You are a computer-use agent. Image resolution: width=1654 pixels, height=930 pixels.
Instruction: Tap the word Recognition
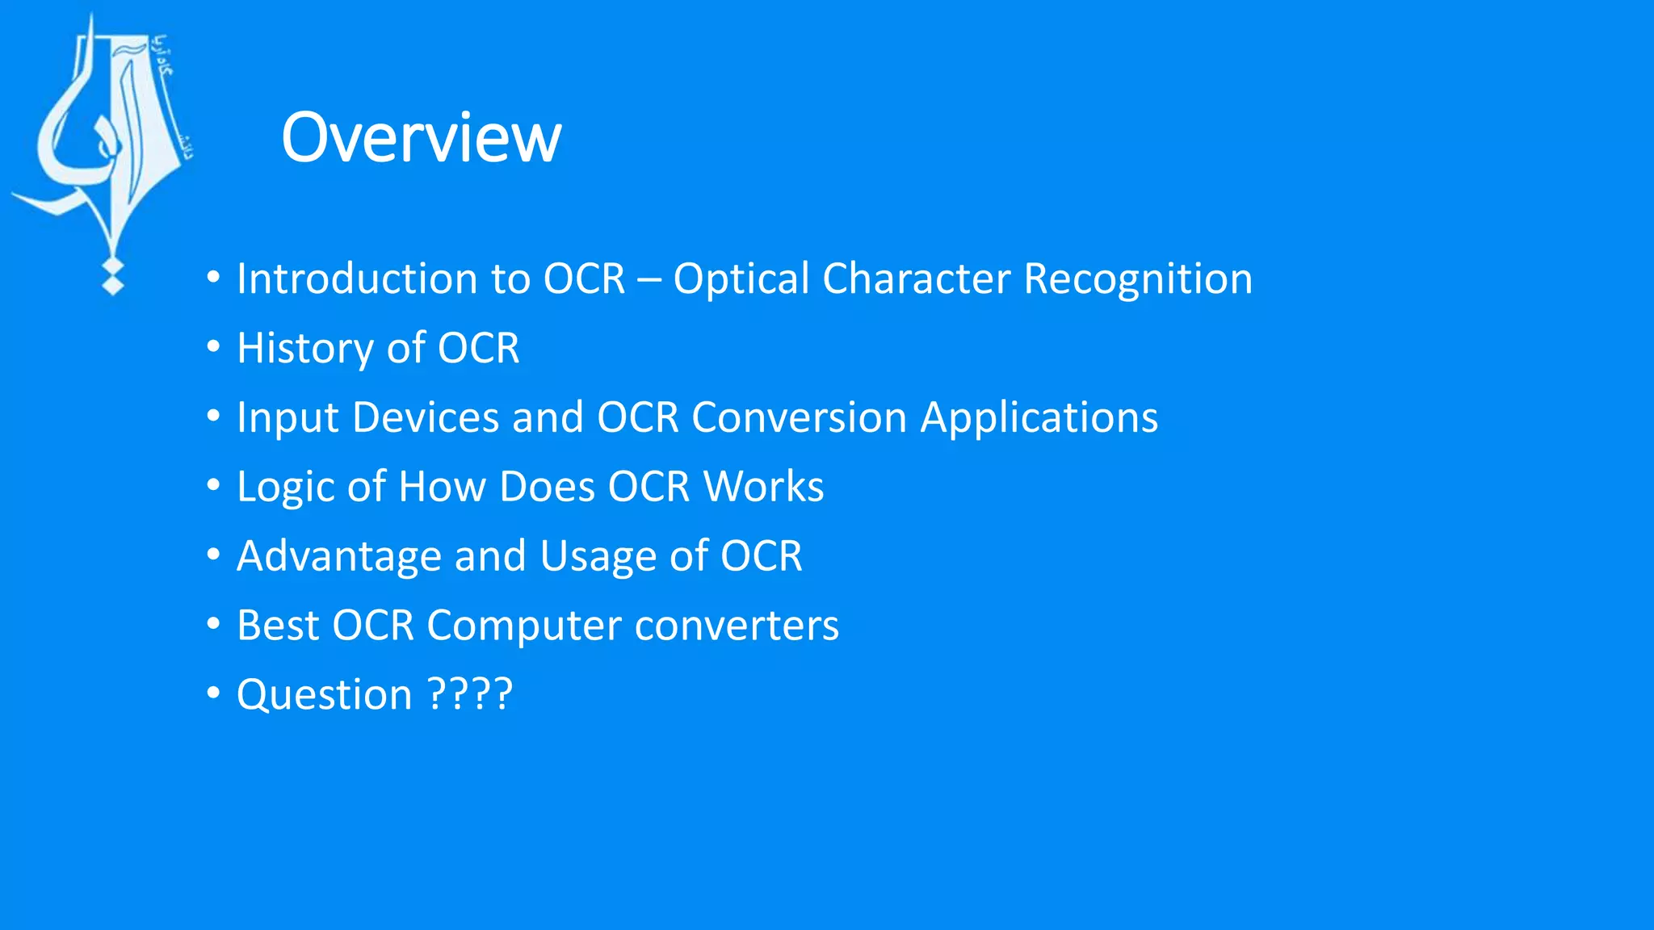click(1138, 279)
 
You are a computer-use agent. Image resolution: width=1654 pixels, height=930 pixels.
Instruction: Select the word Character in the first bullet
click(916, 279)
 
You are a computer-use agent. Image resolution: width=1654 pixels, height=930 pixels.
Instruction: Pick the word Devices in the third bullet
click(426, 418)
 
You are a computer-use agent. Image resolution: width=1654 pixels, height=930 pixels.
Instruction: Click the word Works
click(763, 487)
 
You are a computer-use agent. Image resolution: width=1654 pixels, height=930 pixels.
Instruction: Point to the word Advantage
click(339, 557)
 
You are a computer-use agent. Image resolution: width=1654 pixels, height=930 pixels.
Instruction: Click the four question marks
click(470, 694)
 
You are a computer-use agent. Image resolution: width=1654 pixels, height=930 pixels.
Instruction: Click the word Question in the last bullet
click(325, 696)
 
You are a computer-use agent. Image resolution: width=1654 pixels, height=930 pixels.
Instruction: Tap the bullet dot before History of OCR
click(213, 347)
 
